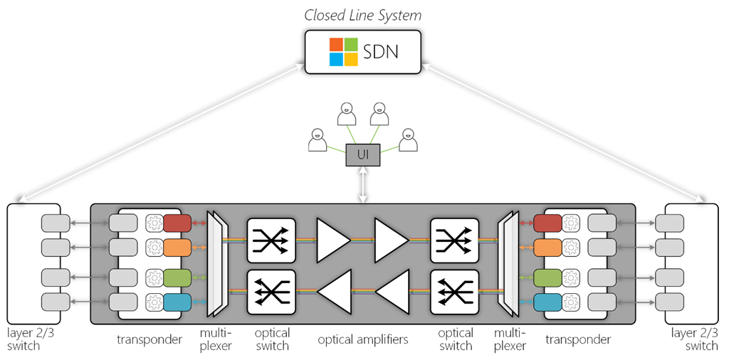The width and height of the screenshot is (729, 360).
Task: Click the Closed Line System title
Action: [x=362, y=15]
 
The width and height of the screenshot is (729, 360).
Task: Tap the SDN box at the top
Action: [x=362, y=53]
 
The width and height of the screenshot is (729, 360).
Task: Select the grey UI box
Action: [x=363, y=154]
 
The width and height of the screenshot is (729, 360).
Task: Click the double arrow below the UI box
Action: [x=363, y=185]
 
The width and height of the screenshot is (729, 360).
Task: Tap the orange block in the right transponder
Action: [x=547, y=248]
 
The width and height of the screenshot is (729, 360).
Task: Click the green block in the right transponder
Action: [x=547, y=277]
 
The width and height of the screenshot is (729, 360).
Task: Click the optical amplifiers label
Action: [x=363, y=339]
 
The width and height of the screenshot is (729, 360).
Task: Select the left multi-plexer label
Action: [x=216, y=339]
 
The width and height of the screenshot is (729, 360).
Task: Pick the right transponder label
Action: [x=578, y=339]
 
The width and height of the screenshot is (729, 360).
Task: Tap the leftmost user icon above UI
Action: [x=317, y=140]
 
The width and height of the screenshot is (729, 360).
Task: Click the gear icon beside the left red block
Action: [x=154, y=223]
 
